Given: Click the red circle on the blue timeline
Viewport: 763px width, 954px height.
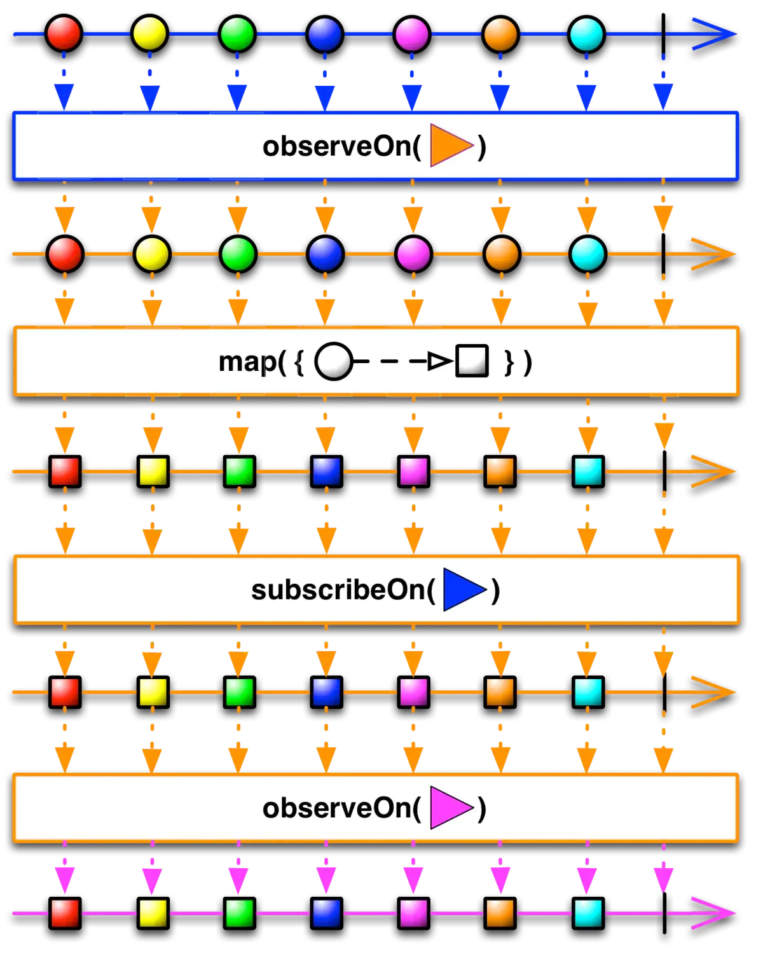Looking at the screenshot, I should [64, 34].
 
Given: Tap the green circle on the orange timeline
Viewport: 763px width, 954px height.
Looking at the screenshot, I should [238, 254].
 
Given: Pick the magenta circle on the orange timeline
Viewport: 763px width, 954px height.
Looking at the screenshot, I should [413, 254].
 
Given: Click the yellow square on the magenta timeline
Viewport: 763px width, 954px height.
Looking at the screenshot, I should [153, 913].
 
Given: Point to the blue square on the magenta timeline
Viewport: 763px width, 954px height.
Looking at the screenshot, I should [326, 913].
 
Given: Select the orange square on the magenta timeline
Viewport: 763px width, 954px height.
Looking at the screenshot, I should [500, 913].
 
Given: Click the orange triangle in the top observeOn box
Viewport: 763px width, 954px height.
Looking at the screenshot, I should [451, 146].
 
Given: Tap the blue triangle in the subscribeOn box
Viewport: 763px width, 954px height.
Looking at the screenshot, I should [464, 590].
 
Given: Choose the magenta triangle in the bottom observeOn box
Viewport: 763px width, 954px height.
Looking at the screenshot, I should [451, 808].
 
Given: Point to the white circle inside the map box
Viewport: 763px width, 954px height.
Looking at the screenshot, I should [333, 362].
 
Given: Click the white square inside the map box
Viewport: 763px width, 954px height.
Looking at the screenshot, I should [472, 361].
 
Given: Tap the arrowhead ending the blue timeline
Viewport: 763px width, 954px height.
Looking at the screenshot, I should [715, 34].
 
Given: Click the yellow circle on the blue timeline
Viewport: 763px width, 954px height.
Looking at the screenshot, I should [149, 34].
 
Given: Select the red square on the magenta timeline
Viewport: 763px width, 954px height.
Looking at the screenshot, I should [65, 913].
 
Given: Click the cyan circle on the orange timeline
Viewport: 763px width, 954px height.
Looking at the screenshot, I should [588, 254].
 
